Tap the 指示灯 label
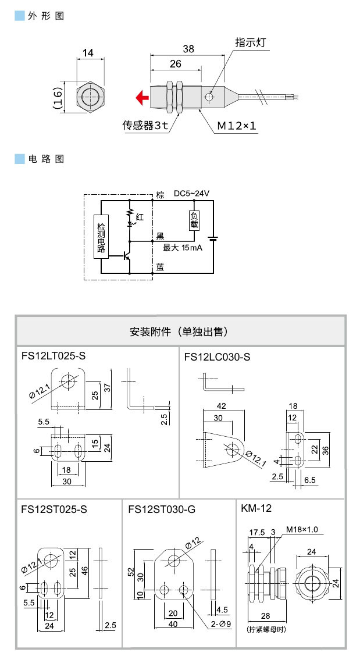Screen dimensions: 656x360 [x=250, y=42]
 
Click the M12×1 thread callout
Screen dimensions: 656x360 [x=237, y=125]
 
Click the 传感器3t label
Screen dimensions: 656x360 [x=145, y=125]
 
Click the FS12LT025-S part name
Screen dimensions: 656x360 [x=54, y=356]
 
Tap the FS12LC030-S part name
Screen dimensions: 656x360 [x=217, y=356]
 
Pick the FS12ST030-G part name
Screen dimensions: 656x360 [x=162, y=509]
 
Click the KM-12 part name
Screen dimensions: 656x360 [x=256, y=508]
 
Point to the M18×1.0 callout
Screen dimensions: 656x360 [x=302, y=530]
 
